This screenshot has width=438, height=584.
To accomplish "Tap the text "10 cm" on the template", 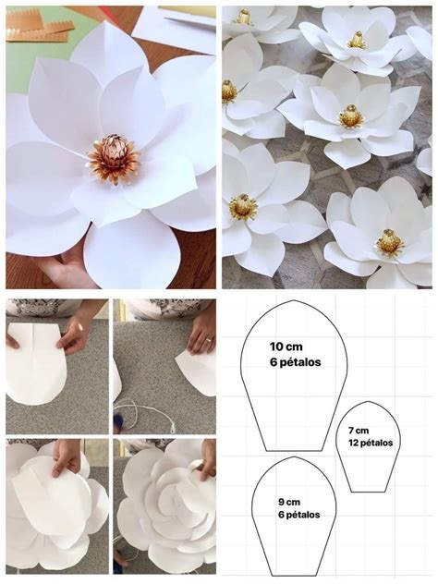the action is click(286, 347).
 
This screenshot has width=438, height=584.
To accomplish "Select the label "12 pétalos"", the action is click(371, 443).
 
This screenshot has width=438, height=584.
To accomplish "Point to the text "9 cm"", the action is click(289, 502).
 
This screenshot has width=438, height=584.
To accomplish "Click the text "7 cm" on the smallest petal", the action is click(359, 431).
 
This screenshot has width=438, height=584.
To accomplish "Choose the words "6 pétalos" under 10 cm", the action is click(296, 362).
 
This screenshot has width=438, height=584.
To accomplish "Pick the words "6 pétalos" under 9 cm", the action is click(299, 515).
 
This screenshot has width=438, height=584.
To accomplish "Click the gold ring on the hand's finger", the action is click(209, 340).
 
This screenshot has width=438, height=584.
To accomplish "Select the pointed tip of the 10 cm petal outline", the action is click(294, 300).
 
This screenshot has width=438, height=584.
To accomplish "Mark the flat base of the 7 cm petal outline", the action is click(369, 492).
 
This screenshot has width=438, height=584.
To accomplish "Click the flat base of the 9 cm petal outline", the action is click(294, 576).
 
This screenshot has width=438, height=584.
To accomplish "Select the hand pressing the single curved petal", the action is click(201, 335).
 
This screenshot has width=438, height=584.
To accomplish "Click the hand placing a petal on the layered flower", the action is click(67, 457).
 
